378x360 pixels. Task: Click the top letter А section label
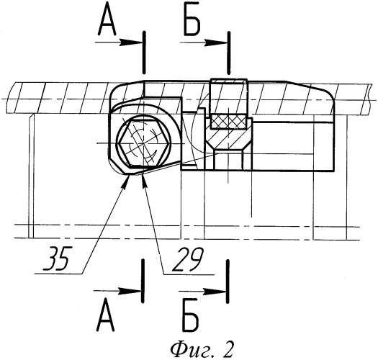(x=107, y=21)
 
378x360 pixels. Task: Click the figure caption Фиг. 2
(x=202, y=349)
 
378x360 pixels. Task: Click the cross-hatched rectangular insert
(x=228, y=121)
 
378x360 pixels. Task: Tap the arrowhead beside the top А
(x=132, y=42)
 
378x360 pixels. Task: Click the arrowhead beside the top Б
(x=216, y=43)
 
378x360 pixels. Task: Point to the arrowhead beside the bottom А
(x=130, y=292)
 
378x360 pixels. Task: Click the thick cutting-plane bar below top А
(x=144, y=53)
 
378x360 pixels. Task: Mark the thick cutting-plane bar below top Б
(x=229, y=53)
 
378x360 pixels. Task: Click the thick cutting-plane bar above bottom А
(x=143, y=281)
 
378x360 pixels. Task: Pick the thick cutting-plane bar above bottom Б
(x=228, y=281)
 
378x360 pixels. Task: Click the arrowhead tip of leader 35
(x=129, y=176)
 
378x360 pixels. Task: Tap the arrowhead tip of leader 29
(x=143, y=173)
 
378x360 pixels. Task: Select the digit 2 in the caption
(x=227, y=349)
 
